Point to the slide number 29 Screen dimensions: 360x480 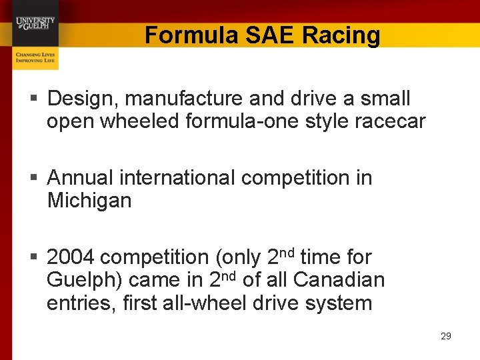(446, 336)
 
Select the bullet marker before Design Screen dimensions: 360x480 (37, 99)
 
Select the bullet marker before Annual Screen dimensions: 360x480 (37, 178)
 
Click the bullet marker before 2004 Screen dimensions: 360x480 (37, 257)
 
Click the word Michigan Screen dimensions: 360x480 (89, 200)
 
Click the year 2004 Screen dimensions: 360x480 (71, 257)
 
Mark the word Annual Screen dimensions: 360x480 (80, 178)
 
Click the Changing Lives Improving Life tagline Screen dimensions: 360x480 (35, 57)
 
